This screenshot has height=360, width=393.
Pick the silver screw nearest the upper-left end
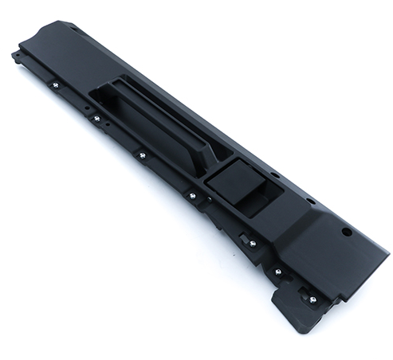click(55, 84)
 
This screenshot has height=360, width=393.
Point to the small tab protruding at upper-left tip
click(16, 56)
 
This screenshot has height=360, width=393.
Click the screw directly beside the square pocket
click(192, 194)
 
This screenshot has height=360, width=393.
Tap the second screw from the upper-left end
click(96, 119)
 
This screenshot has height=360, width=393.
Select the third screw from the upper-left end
click(142, 155)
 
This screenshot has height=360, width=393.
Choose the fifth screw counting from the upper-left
click(253, 243)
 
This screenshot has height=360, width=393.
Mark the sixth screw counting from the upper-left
click(277, 272)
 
